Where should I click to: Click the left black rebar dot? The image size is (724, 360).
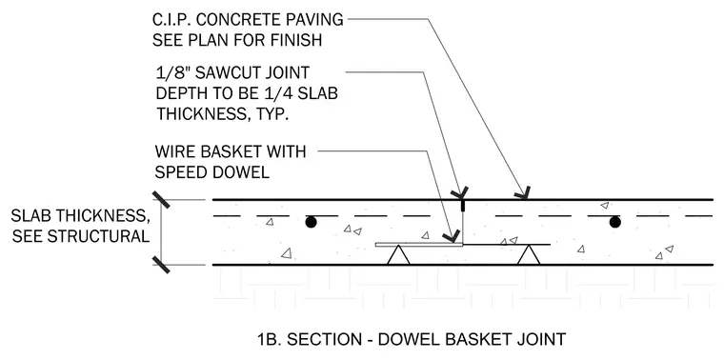point(312,223)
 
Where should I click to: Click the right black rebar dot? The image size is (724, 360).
point(614,223)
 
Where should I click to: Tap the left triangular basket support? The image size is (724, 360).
point(398,255)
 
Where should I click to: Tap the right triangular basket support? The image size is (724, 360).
point(529,255)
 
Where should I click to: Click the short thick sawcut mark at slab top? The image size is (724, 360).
point(462,206)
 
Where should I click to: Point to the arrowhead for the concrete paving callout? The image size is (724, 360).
point(523,193)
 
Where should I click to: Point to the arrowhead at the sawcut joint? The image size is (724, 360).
point(460,193)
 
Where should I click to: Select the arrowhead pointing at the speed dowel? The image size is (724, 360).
point(452,237)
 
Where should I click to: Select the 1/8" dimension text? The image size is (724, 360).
point(171,72)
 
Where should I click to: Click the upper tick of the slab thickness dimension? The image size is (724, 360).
point(161,199)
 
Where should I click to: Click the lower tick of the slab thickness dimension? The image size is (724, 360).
point(161,265)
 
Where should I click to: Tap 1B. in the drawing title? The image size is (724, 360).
point(269,339)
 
